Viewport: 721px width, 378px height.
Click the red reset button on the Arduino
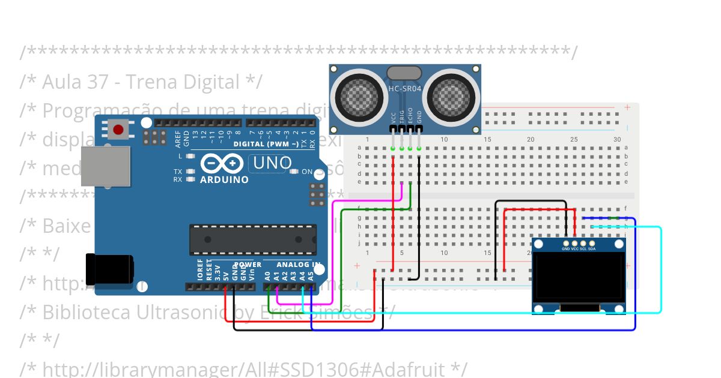(x=118, y=129)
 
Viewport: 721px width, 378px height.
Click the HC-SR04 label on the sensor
(x=405, y=89)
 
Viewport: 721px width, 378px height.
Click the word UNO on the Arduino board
(x=272, y=163)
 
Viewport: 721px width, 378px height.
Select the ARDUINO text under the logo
(x=224, y=179)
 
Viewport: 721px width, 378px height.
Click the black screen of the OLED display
(x=579, y=277)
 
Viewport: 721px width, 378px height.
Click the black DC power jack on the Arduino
(x=109, y=269)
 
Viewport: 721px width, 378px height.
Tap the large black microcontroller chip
(x=253, y=239)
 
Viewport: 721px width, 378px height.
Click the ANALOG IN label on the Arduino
(x=299, y=265)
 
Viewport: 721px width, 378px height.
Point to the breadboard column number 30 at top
(x=617, y=139)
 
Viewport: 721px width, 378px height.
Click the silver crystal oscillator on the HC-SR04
(x=405, y=73)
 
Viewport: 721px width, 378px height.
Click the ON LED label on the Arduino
(x=306, y=172)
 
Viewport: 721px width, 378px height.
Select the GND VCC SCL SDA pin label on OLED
(x=579, y=248)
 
